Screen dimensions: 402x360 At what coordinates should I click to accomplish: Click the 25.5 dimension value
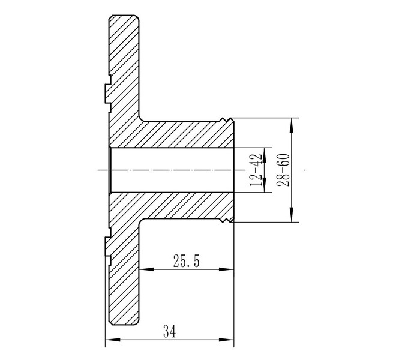(x=186, y=261)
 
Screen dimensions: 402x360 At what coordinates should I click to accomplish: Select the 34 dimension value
(x=170, y=331)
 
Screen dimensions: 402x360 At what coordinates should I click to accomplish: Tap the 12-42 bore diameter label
(x=256, y=170)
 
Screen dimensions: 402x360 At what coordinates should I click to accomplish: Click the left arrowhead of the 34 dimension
(x=113, y=340)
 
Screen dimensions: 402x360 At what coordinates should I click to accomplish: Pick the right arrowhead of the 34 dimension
(x=226, y=340)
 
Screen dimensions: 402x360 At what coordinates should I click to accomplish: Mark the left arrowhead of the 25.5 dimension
(x=146, y=269)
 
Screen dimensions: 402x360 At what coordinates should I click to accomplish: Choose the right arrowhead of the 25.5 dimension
(x=226, y=269)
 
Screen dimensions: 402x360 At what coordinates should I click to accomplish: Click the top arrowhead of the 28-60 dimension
(x=292, y=125)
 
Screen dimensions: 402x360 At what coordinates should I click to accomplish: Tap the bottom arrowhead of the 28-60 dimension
(x=292, y=215)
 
